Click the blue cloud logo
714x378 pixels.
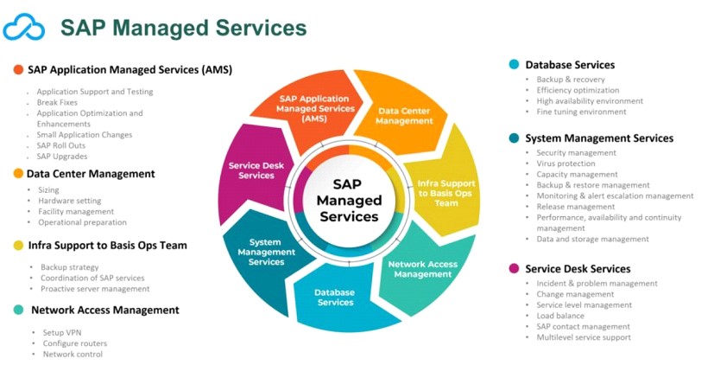coord(24,27)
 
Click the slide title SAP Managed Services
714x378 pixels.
coord(183,28)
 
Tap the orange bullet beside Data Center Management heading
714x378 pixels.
coord(18,173)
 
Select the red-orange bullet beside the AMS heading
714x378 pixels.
coord(18,69)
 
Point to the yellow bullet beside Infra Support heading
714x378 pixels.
coord(18,245)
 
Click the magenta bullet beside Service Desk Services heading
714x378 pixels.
coord(515,268)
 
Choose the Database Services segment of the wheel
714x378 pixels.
coord(335,298)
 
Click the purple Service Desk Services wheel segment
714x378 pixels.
coord(251,170)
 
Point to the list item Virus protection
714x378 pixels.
coord(566,163)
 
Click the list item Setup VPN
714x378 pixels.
coord(62,332)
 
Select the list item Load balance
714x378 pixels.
coord(560,316)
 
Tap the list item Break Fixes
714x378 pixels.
coord(57,102)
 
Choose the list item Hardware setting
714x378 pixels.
coord(70,201)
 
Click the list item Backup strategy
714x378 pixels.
coord(70,267)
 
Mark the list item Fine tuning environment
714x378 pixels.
coord(581,112)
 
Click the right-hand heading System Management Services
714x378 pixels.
coord(599,138)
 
